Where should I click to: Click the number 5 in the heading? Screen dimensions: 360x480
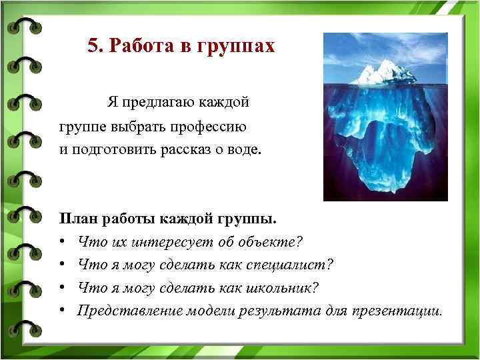coord(93,47)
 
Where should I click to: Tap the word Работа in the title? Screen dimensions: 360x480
coord(138,47)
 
